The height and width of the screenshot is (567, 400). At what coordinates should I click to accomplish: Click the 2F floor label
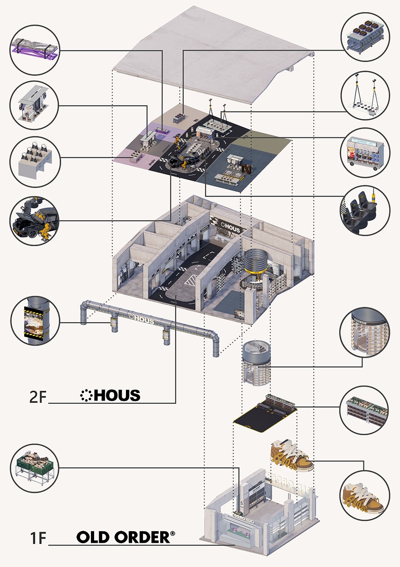37,396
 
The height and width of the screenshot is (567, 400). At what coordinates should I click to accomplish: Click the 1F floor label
37,538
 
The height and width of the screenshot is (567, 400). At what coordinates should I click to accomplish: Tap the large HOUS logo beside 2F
111,395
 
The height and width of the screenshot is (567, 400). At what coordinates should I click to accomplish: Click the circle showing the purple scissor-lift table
35,50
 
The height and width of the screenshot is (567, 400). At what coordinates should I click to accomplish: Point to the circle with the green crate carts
35,468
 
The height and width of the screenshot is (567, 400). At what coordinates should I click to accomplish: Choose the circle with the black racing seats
365,210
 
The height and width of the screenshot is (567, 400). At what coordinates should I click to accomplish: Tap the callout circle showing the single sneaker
365,496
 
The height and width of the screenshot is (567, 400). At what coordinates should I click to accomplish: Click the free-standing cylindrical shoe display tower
256,361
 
